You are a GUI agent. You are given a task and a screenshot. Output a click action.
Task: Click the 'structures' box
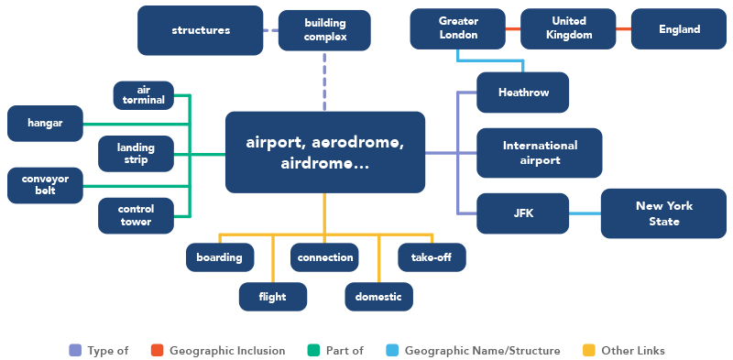point(201,30)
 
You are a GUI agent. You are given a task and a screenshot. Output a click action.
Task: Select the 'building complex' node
point(324,30)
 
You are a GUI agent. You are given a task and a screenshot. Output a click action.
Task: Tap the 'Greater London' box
point(458,28)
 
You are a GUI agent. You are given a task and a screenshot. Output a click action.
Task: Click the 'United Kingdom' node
point(568,28)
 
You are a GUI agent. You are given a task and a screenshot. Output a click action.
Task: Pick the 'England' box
point(679,29)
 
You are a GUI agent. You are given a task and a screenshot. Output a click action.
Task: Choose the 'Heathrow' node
point(523,93)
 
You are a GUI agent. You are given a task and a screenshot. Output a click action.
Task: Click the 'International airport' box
point(540,153)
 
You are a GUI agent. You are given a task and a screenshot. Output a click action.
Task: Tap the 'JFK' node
point(523,213)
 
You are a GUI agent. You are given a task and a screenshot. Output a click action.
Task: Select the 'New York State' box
point(657,213)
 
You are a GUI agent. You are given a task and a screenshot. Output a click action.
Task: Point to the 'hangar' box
point(44,124)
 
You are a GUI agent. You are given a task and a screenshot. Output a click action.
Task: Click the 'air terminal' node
point(143,94)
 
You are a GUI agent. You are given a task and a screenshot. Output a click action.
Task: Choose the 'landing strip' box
point(136,154)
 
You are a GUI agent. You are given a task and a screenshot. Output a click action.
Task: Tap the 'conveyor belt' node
point(44,184)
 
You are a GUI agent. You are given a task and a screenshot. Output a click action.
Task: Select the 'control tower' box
point(136,214)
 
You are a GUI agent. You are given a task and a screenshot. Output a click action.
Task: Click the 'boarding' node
point(219,257)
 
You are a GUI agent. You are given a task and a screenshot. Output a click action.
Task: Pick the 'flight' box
point(272,297)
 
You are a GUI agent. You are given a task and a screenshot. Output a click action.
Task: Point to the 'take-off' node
point(432,257)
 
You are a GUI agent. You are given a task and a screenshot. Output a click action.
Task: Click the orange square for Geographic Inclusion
point(157,350)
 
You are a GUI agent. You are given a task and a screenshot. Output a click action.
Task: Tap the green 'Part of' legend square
point(314,350)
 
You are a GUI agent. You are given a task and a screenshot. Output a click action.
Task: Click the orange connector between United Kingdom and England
point(623,29)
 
